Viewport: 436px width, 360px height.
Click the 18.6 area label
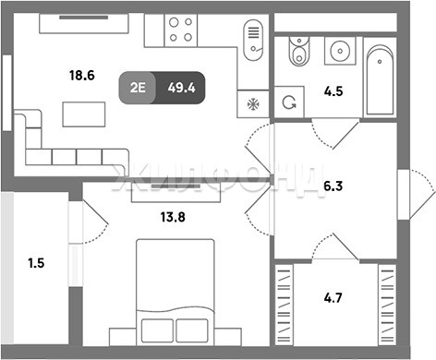pos(82,76)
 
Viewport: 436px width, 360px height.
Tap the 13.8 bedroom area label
pos(173,217)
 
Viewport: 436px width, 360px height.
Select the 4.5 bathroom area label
pos(333,91)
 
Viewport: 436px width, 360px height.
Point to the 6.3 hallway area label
pos(333,186)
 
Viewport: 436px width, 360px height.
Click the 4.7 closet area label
pos(333,298)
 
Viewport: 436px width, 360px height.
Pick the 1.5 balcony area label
pos(36,263)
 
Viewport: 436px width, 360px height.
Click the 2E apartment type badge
pos(138,88)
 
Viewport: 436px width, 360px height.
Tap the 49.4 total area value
pos(181,88)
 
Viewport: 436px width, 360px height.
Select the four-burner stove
pos(181,30)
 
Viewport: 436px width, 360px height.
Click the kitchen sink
pos(253,40)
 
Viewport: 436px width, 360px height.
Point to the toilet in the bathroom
pos(299,51)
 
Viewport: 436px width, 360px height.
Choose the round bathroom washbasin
pos(340,51)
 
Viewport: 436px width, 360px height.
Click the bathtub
pos(380,80)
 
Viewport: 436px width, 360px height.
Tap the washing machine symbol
pos(289,102)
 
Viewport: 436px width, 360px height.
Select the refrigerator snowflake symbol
pos(253,104)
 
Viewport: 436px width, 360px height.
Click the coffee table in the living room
pos(84,114)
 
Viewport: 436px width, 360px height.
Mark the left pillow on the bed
pos(157,330)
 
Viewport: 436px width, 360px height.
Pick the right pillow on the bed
pos(192,330)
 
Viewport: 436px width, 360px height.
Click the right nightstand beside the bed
pos(228,337)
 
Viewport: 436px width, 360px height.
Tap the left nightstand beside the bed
pos(123,337)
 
